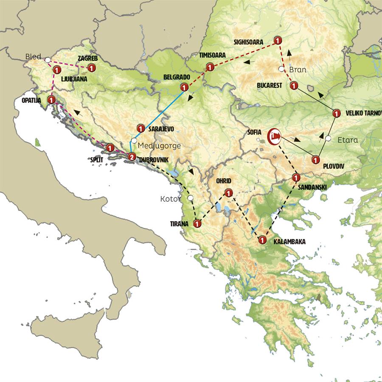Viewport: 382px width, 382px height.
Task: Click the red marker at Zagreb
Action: pyautogui.click(x=91, y=67)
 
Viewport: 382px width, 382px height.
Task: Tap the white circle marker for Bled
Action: pyautogui.click(x=48, y=60)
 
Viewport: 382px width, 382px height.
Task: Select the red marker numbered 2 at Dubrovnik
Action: pyautogui.click(x=132, y=156)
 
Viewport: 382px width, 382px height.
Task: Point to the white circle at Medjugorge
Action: pyautogui.click(x=134, y=141)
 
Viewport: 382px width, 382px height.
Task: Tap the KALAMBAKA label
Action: pyautogui.click(x=289, y=242)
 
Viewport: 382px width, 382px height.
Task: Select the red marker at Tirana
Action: pyautogui.click(x=197, y=223)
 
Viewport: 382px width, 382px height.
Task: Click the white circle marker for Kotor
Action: pyautogui.click(x=191, y=198)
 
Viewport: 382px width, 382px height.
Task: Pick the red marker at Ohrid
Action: pyautogui.click(x=228, y=192)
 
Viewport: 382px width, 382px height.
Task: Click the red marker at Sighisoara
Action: pyautogui.click(x=278, y=41)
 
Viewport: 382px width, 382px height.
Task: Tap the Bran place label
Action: pyautogui.click(x=297, y=70)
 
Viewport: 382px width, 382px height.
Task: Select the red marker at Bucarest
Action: pyautogui.click(x=293, y=86)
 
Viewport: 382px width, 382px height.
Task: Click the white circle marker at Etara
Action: pyautogui.click(x=328, y=138)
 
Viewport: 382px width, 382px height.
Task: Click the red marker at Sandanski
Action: pyautogui.click(x=296, y=177)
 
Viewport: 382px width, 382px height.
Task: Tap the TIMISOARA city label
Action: pyautogui.click(x=212, y=55)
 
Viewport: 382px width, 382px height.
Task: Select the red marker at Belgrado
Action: pyautogui.click(x=184, y=87)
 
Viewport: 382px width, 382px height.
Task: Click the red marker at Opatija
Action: pyautogui.click(x=51, y=100)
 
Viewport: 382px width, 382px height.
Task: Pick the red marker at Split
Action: pyautogui.click(x=110, y=148)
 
